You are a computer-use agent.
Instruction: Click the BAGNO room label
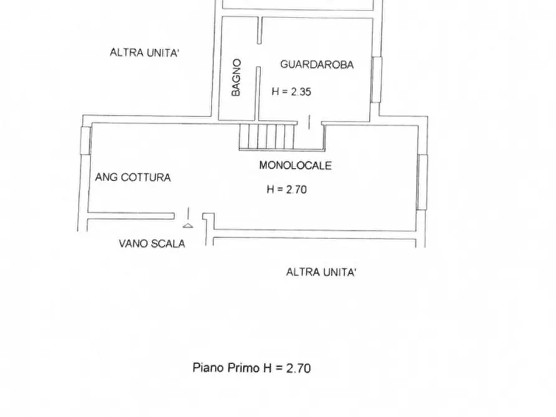click(236, 77)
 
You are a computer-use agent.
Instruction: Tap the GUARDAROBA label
click(316, 64)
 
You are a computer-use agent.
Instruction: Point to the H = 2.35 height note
click(291, 91)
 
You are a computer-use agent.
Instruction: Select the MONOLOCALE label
click(295, 166)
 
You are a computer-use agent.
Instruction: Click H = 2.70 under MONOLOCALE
click(286, 190)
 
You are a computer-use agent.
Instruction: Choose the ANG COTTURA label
click(133, 177)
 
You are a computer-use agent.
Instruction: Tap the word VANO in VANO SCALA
click(133, 244)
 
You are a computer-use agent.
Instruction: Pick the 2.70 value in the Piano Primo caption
click(298, 368)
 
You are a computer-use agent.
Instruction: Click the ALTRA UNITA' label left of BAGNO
click(144, 53)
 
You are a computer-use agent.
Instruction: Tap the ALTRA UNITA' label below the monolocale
click(321, 272)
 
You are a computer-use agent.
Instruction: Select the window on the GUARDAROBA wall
click(375, 79)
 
